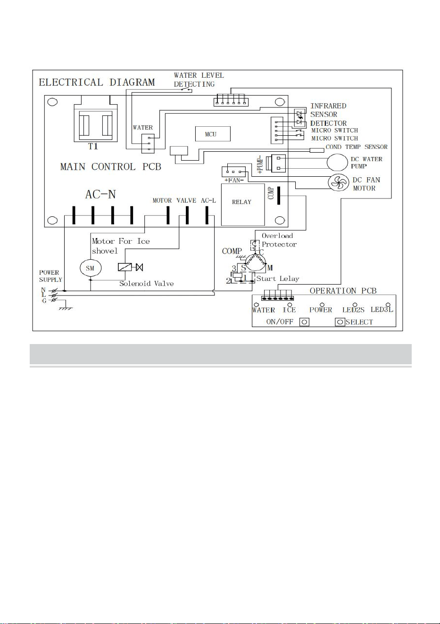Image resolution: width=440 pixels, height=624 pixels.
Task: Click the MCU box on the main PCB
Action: tap(213, 134)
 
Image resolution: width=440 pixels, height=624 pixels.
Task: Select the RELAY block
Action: tap(243, 205)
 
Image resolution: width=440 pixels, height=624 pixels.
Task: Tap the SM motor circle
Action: tap(91, 268)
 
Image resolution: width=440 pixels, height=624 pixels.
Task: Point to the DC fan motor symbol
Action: tap(338, 183)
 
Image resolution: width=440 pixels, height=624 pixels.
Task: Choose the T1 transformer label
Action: tap(93, 146)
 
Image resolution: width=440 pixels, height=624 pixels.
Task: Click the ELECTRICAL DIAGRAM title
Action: tap(97, 82)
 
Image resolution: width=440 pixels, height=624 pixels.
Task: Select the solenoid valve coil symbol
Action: tap(125, 267)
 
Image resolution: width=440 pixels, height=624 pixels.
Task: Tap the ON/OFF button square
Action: tap(304, 322)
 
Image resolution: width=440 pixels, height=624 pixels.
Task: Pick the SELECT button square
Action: tap(340, 322)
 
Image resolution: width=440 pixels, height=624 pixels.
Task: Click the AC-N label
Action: tap(100, 194)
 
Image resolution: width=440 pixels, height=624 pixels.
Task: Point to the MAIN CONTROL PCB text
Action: tap(111, 166)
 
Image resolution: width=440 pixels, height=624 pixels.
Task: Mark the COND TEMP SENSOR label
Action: tap(357, 147)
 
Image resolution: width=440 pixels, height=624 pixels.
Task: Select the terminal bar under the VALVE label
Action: tap(187, 215)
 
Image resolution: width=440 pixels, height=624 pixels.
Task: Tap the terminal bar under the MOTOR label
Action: tap(168, 215)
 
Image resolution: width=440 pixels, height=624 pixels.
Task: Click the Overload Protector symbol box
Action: tap(255, 245)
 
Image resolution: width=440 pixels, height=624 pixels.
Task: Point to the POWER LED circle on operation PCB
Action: tap(322, 305)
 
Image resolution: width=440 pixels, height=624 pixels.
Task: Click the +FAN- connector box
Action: tap(233, 172)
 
